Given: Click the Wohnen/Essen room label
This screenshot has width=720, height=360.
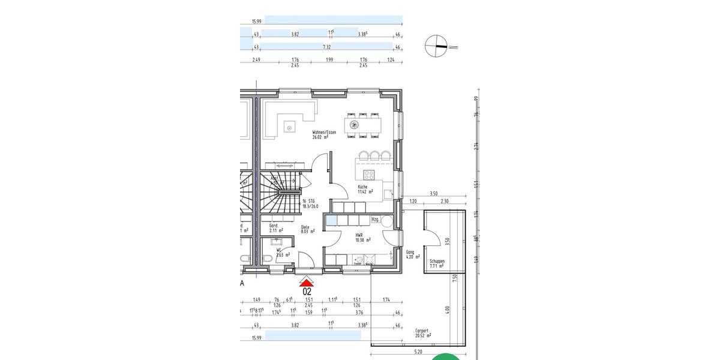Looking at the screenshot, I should (324, 134).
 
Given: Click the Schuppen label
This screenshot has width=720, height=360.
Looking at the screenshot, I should (437, 264).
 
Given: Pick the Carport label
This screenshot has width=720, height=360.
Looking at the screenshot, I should (423, 333).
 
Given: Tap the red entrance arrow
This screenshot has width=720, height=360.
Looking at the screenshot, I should (307, 282).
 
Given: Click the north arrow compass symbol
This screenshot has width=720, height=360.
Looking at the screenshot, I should (436, 46).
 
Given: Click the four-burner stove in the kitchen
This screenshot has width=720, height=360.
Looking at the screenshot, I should (370, 175).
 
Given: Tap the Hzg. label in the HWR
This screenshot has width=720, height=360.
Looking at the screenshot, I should (376, 220).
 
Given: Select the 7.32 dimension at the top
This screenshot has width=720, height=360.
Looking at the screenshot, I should (327, 46).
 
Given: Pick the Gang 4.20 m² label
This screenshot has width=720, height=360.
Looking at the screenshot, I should (410, 255).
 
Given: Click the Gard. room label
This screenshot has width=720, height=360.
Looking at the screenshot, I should (276, 228).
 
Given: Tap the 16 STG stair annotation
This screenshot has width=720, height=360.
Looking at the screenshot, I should (310, 203).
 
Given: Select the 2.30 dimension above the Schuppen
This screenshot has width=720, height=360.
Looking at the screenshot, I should (444, 202).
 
